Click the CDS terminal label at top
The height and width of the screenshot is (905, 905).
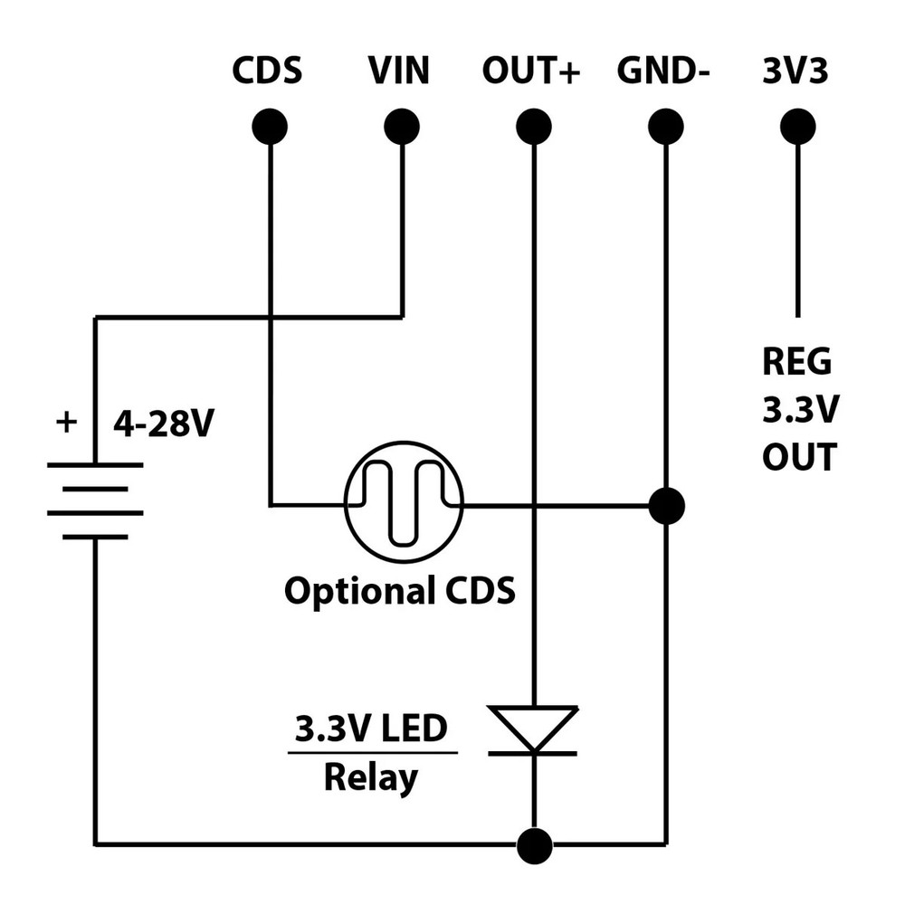point(267,71)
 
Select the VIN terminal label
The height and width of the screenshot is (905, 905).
point(399,71)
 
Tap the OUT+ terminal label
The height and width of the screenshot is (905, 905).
point(530,71)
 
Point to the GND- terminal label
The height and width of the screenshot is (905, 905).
point(662,71)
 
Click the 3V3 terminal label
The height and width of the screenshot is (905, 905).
point(795,71)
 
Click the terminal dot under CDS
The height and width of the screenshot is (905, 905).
point(270,127)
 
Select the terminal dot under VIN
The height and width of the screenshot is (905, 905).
point(402,127)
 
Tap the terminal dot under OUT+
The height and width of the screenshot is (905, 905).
point(534,127)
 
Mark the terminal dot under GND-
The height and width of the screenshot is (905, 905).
point(666,127)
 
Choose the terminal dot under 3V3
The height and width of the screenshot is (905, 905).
point(797,127)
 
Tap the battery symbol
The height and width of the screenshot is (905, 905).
point(95,500)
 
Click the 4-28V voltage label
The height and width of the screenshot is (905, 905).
point(162,424)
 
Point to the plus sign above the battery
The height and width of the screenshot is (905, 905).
point(66,422)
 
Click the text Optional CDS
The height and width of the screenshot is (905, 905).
point(399,591)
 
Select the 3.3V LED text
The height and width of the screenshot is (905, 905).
point(372,729)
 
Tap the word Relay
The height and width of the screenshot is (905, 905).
point(371,777)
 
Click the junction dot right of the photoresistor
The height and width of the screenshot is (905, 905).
point(666,505)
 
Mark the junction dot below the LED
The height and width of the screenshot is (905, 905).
point(534,844)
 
